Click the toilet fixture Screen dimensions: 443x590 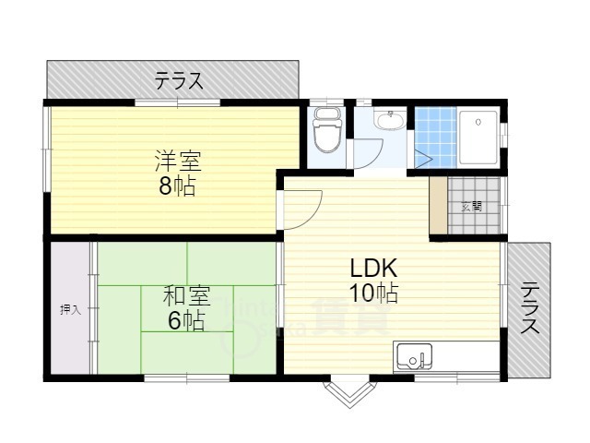point(327,130)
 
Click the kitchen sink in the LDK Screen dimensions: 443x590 point(412,354)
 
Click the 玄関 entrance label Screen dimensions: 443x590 point(472,206)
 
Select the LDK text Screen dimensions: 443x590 point(372,269)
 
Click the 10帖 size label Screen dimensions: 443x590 point(372,293)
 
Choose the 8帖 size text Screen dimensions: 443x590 point(177,186)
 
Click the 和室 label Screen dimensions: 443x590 point(186,296)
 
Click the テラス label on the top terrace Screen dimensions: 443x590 point(179,80)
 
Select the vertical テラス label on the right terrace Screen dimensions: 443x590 point(529,309)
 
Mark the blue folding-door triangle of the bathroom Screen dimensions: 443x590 point(424,157)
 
